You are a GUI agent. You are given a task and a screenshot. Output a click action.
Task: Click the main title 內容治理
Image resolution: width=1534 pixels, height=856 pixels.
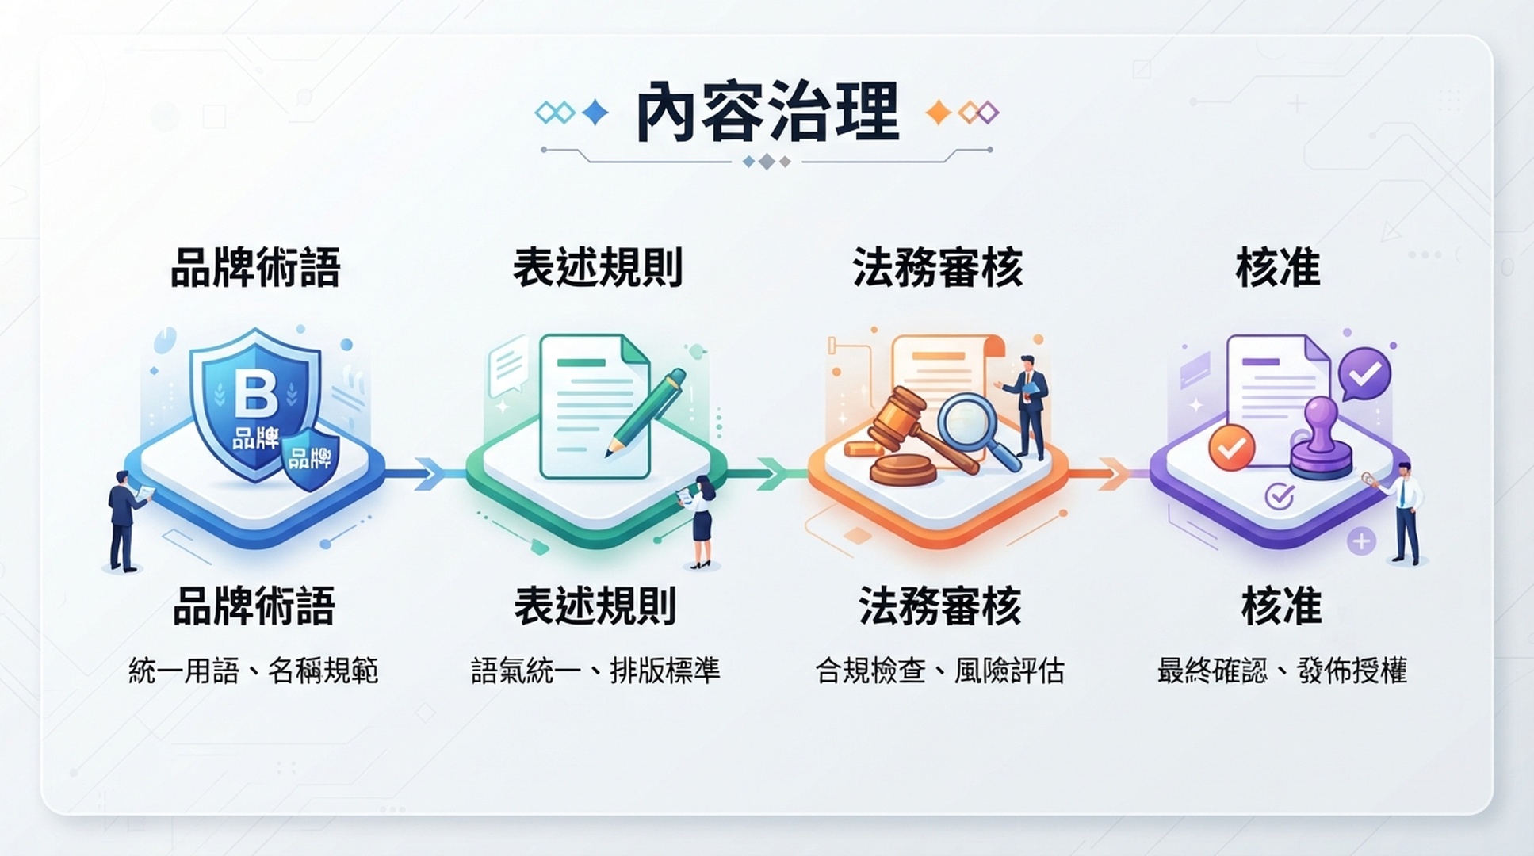point(767,113)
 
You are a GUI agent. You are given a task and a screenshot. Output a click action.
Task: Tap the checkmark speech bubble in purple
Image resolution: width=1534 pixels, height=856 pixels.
point(1364,374)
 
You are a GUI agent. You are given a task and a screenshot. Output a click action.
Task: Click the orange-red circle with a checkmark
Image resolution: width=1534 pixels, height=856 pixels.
point(1231,448)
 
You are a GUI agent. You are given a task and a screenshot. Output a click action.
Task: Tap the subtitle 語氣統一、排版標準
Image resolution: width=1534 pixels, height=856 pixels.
point(595,671)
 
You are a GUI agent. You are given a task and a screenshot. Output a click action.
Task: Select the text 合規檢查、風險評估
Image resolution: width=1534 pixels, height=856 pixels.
point(939,671)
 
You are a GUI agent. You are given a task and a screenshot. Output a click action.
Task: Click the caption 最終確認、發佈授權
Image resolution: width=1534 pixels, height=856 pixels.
point(1282,671)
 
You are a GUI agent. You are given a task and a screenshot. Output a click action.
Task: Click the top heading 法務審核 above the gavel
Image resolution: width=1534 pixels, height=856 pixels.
point(938,267)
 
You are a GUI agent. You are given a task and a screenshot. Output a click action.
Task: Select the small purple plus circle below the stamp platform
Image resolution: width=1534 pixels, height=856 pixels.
point(1361,542)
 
